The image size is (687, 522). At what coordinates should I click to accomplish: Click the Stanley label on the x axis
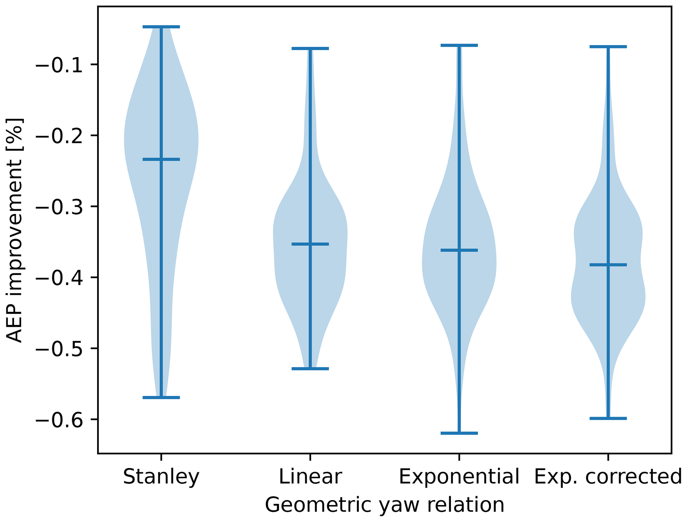161,476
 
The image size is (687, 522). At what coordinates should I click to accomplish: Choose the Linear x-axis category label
310,476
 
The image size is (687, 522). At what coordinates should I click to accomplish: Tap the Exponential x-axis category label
459,476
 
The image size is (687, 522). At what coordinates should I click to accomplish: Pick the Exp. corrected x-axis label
608,476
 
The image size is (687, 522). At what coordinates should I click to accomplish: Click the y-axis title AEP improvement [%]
15,230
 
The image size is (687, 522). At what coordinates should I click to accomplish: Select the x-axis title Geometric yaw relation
385,505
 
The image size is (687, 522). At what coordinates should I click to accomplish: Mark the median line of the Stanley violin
161,160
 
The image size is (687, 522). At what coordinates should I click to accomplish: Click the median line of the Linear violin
310,244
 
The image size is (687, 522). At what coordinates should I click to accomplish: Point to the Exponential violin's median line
459,250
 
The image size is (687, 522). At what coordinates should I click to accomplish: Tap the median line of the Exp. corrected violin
608,265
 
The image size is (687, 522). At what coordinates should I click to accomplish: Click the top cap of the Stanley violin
161,27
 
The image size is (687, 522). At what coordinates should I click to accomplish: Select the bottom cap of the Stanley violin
161,398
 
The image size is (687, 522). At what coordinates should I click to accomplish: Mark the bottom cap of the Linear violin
310,369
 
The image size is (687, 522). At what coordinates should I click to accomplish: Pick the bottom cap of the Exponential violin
459,433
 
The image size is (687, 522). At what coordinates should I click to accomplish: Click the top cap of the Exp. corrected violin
608,47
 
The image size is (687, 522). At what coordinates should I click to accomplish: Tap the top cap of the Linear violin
310,49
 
